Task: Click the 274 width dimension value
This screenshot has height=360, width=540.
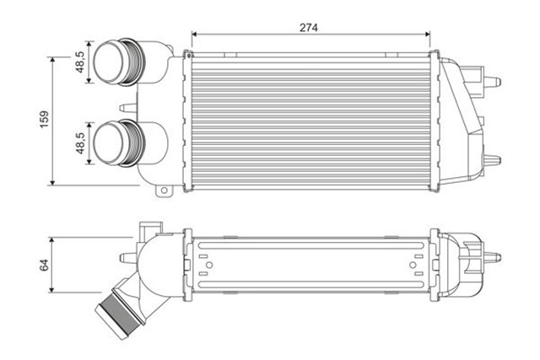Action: (308, 27)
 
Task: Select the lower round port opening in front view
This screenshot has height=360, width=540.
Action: (110, 142)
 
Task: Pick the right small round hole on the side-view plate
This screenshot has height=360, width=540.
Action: (412, 265)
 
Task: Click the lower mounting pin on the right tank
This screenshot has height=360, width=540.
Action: (491, 158)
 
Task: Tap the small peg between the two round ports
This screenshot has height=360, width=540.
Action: (127, 107)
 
